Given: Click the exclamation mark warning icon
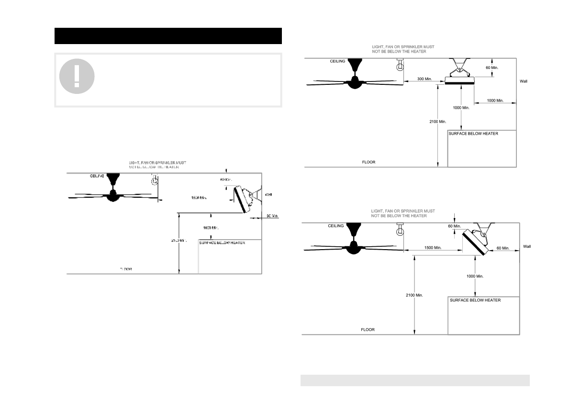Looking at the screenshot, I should pyautogui.click(x=77, y=76).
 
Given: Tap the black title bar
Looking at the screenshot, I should pyautogui.click(x=168, y=36).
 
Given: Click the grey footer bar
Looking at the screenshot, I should pyautogui.click(x=414, y=380).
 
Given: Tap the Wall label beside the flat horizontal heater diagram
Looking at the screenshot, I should pyautogui.click(x=524, y=81).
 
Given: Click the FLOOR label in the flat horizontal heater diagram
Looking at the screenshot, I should pyautogui.click(x=369, y=162).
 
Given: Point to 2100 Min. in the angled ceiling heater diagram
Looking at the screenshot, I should pyautogui.click(x=414, y=295).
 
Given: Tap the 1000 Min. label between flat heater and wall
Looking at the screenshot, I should pyautogui.click(x=495, y=101).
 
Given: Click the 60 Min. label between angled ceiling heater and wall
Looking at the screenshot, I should pyautogui.click(x=503, y=248).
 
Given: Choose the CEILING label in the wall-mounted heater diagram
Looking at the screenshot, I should pyautogui.click(x=97, y=176).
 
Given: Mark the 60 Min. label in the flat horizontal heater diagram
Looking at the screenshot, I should pyautogui.click(x=492, y=68).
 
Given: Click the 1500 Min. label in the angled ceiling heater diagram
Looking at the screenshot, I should pyautogui.click(x=432, y=248).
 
